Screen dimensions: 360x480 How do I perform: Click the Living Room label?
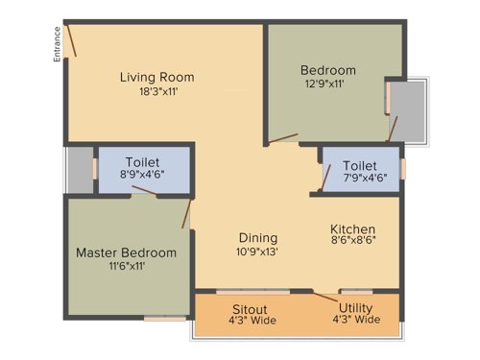pos(157,77)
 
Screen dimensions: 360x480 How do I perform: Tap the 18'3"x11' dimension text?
pos(157,92)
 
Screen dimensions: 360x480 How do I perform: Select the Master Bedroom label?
pos(127,252)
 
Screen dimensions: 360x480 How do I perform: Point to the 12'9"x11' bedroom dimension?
pos(328,84)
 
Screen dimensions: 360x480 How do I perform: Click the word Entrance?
pos(58,43)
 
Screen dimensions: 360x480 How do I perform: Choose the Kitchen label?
pos(353,229)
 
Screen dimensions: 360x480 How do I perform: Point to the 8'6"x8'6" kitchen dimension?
pos(353,245)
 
